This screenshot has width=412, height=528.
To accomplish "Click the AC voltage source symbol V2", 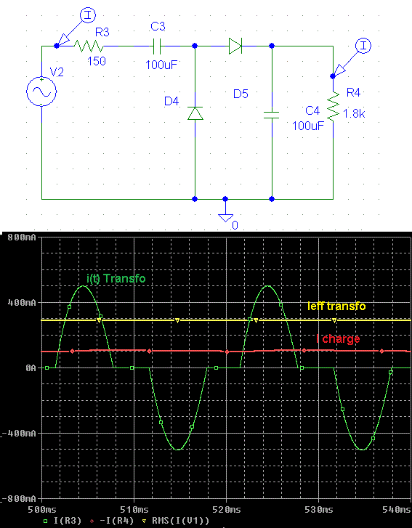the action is pos(41,92).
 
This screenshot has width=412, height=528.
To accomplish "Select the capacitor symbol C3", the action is pos(157,46).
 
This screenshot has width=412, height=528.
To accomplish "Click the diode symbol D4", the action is pos(195,113).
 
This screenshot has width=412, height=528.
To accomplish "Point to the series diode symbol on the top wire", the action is pos(235,46).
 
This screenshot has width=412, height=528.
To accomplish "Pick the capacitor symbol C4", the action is pos(272,115).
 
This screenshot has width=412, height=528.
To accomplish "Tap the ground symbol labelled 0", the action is pos(225,218).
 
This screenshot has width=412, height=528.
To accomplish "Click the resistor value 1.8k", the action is pos(354,114).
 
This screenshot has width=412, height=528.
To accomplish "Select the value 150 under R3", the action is pos(97,61).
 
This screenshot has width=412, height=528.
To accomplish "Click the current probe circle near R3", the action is pos(88,15).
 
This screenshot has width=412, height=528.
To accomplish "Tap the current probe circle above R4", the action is pos(363,46).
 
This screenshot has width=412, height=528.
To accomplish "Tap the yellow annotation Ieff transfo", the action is pos(336,306).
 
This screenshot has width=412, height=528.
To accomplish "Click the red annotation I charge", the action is pos(338,338).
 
